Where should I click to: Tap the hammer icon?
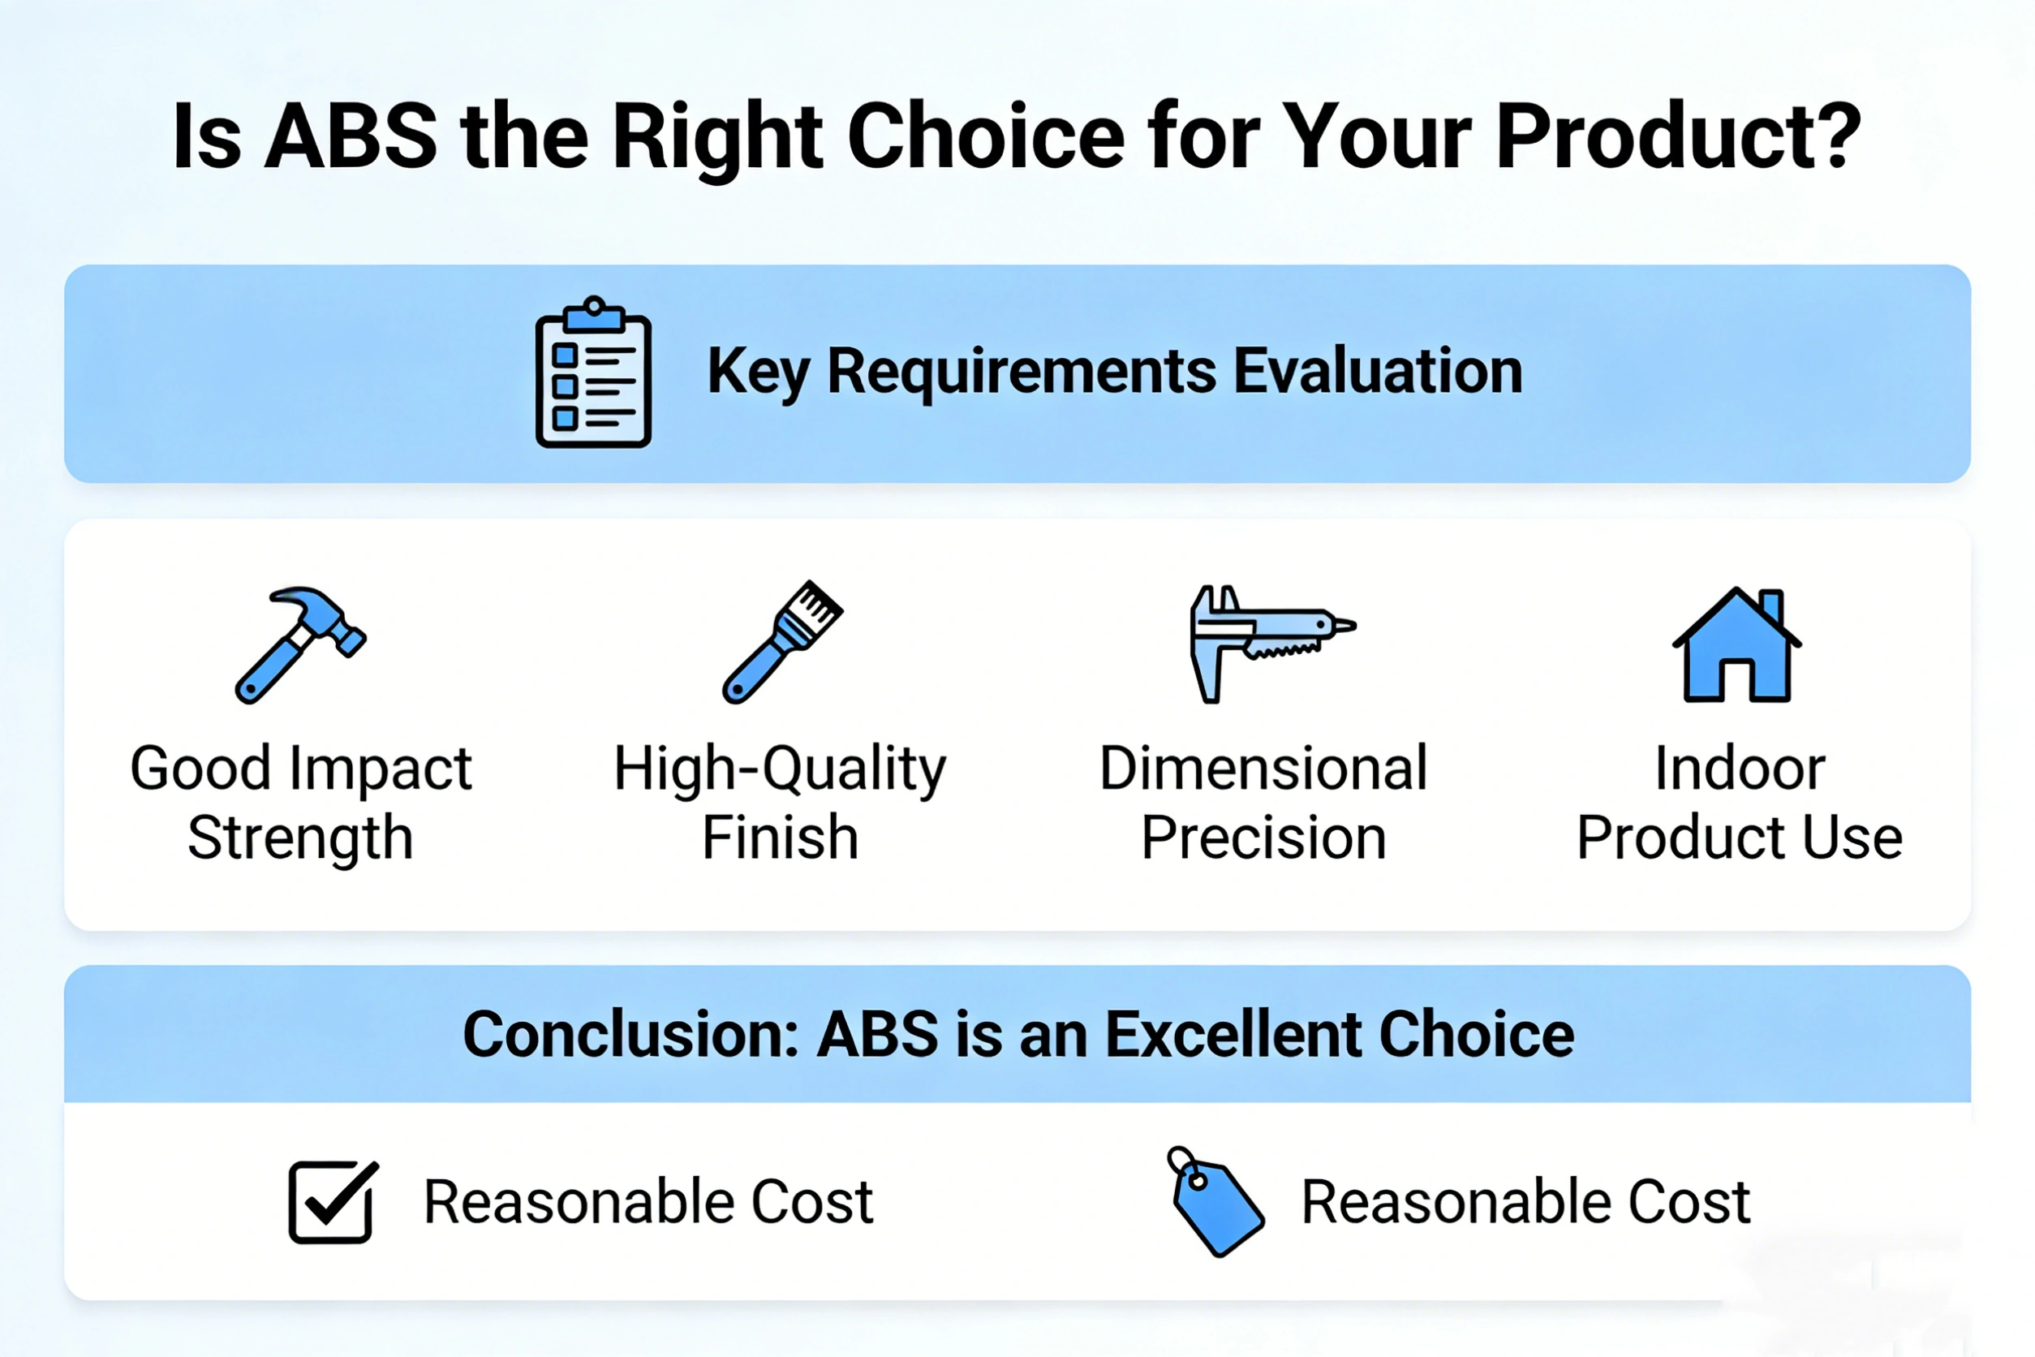[299, 644]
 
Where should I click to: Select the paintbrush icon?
[781, 641]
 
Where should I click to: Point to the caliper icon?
[1272, 643]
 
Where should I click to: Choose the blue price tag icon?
[1215, 1202]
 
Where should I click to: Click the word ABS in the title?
[351, 136]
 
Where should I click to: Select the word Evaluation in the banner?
[1378, 371]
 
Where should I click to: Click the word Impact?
[381, 769]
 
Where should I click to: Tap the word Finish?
[781, 837]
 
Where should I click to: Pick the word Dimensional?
[1263, 768]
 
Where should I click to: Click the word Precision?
[1263, 837]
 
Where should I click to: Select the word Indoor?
[1740, 768]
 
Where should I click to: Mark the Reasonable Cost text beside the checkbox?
[648, 1202]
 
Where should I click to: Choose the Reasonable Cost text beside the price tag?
[1526, 1202]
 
